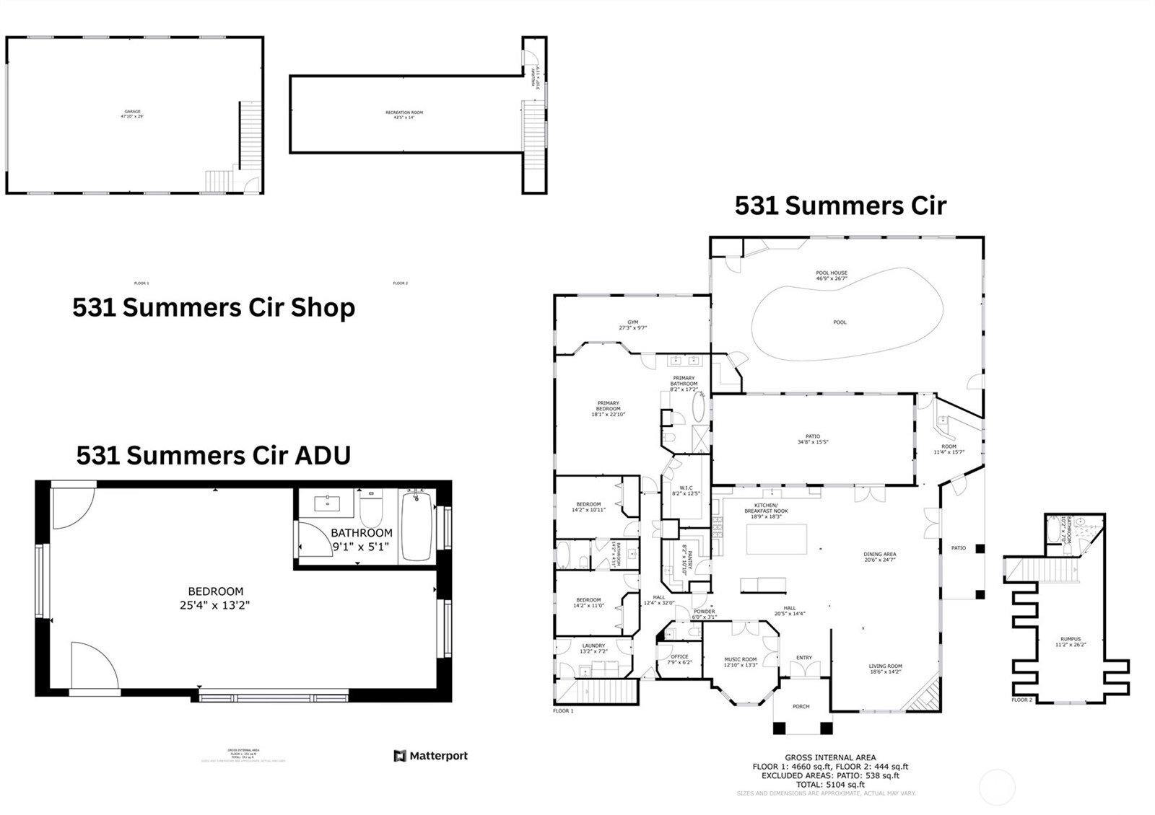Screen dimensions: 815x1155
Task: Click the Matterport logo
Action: (x=431, y=756)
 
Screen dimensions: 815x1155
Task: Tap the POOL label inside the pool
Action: (x=840, y=322)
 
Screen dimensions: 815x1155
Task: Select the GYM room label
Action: (x=632, y=325)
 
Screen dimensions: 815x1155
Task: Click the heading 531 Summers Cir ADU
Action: (x=214, y=456)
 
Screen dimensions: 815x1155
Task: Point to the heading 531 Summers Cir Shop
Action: (x=214, y=308)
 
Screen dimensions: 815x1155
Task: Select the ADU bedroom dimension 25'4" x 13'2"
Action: (x=214, y=606)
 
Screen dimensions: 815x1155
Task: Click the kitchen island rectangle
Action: (x=776, y=539)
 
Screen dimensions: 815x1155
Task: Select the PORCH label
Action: (x=801, y=707)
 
